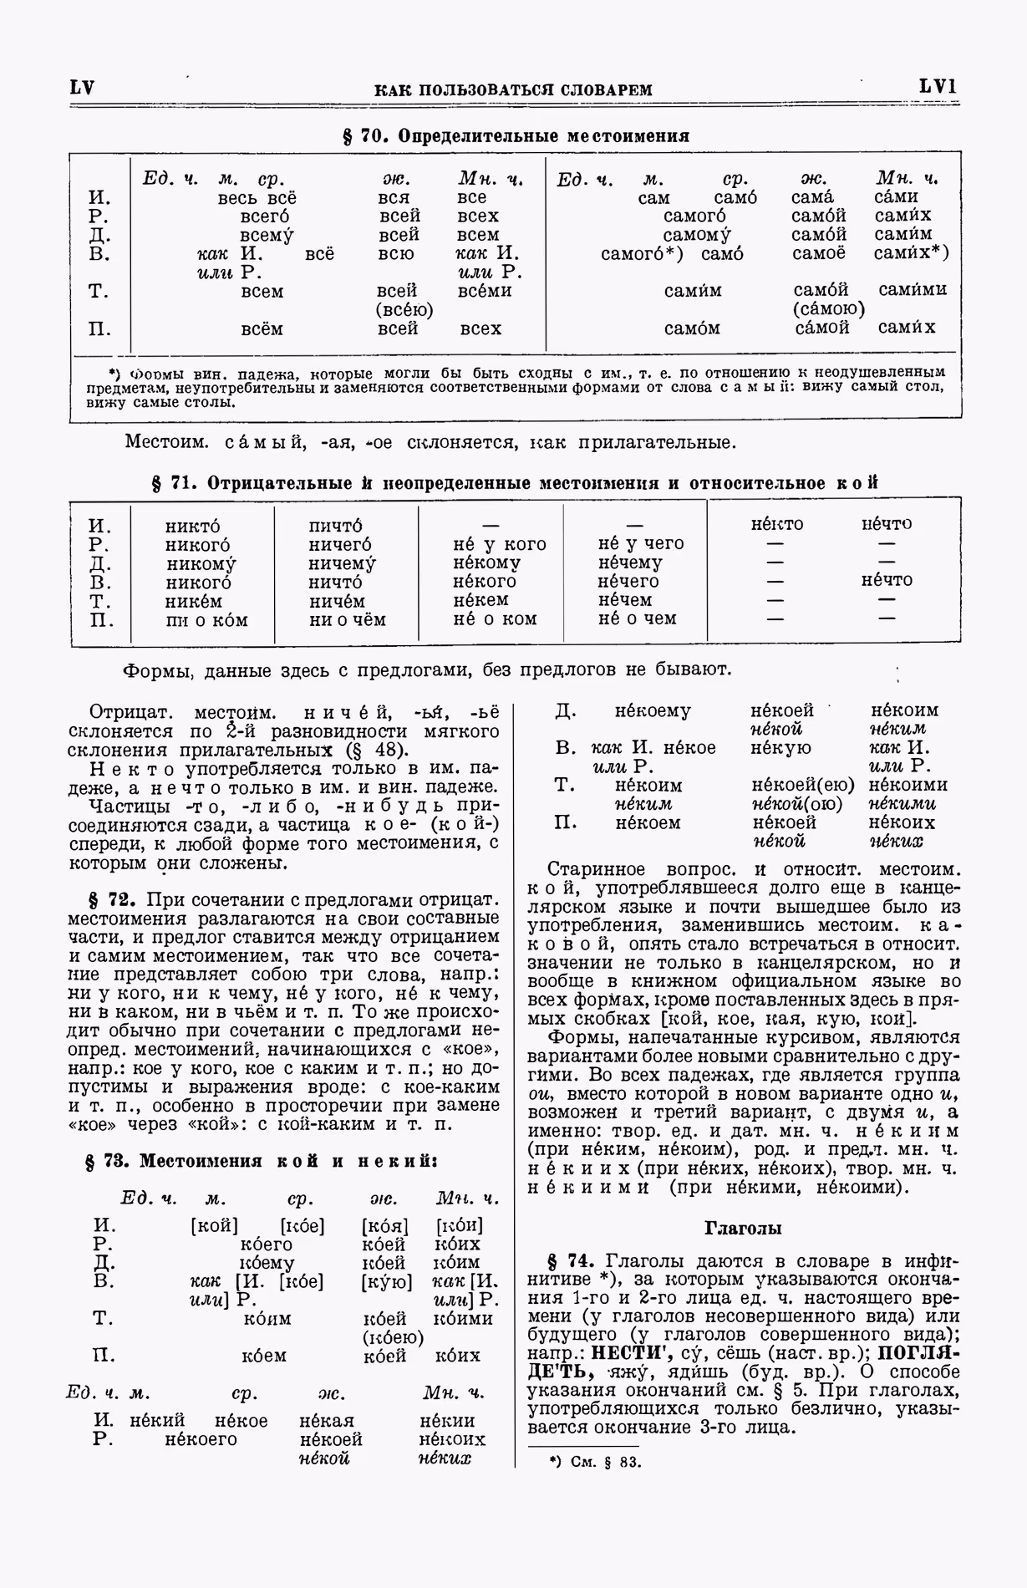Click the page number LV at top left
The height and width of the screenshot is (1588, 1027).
click(82, 88)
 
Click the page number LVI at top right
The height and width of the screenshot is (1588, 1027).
click(938, 87)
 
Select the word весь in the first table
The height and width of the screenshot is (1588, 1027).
click(238, 198)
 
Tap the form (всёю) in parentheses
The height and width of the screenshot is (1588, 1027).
click(404, 310)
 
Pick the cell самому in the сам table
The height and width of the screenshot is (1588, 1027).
click(697, 235)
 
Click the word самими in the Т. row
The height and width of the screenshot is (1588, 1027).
click(913, 290)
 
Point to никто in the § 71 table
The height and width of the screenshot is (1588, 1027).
click(193, 527)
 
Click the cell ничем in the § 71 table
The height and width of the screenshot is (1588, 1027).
click(336, 601)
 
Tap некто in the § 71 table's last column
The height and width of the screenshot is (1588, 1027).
click(776, 524)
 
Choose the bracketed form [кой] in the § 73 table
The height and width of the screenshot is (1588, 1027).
click(215, 1226)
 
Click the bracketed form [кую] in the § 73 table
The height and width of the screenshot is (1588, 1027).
click(386, 1281)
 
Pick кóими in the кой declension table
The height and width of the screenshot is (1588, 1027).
click(463, 1318)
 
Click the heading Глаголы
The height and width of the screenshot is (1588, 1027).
click(743, 1228)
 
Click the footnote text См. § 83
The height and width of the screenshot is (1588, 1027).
click(606, 1462)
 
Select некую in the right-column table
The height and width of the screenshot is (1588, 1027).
click(780, 747)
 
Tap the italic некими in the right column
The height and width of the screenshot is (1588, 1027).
click(902, 804)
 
